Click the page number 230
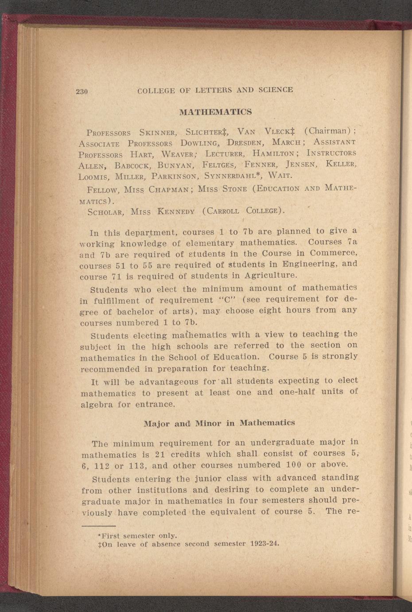[x=82, y=92]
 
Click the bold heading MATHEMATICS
[x=215, y=112]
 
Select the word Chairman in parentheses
[x=328, y=131]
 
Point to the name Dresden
[x=245, y=143]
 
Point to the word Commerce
[x=333, y=253]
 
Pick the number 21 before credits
[x=160, y=454]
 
